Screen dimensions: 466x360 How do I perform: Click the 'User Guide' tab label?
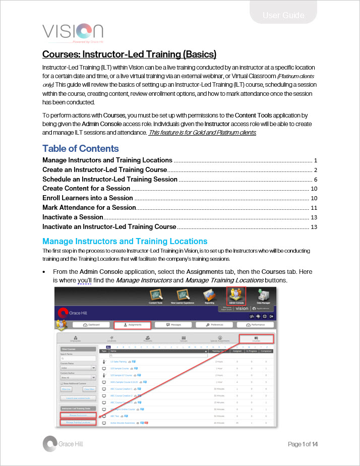click(x=283, y=16)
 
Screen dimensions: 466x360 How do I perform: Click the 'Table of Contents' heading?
click(x=81, y=148)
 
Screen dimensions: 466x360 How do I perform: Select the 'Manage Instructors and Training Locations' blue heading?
click(x=125, y=241)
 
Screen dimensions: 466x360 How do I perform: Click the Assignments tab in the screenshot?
click(x=132, y=325)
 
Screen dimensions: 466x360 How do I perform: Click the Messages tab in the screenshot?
click(x=174, y=325)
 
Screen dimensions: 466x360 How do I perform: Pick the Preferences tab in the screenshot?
click(x=216, y=325)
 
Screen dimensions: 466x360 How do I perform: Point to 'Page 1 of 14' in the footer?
click(x=303, y=444)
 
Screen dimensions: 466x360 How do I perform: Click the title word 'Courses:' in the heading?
click(x=62, y=54)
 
